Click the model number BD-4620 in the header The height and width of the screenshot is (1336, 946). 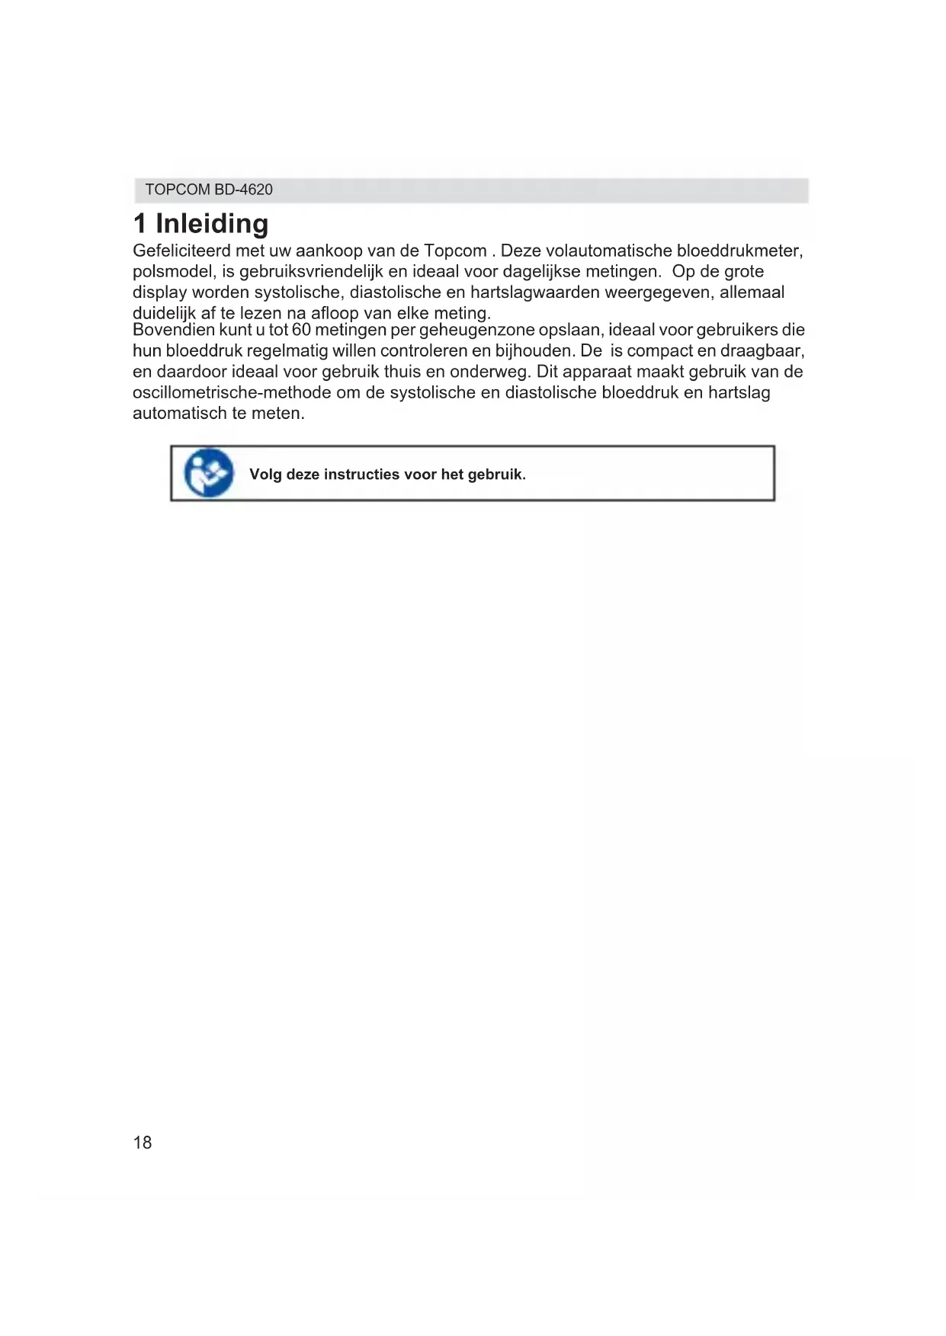click(243, 190)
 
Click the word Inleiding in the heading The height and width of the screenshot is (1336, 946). click(212, 224)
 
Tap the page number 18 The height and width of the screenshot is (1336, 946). click(143, 1143)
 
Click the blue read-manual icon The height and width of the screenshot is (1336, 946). click(208, 474)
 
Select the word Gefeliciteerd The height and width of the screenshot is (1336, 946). click(181, 251)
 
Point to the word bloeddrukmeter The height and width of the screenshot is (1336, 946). click(739, 251)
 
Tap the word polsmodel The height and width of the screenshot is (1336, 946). click(172, 271)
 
